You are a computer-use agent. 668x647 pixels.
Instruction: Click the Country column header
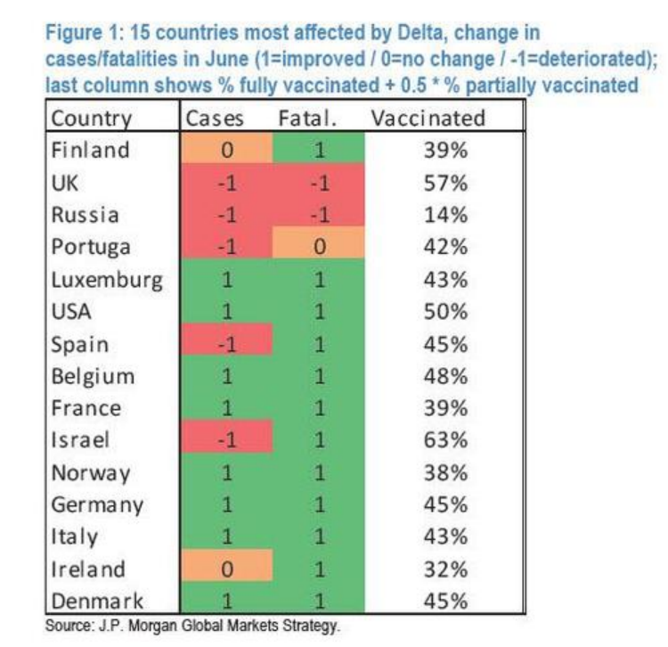91,118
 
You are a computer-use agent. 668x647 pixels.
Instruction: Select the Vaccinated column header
428,118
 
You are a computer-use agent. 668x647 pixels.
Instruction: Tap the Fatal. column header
307,118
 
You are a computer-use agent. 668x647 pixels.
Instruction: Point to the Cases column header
215,118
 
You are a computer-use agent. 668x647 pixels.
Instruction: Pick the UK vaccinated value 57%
445,183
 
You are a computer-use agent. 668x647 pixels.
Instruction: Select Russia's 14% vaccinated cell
445,215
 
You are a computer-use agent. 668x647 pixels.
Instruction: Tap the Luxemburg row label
107,281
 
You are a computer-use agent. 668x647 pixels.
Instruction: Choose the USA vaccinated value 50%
445,312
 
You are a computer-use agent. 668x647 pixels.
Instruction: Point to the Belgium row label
93,377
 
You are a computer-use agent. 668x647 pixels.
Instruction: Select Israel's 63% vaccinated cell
445,440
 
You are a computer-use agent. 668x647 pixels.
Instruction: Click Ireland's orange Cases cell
226,565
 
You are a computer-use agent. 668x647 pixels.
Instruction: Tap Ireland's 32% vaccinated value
445,569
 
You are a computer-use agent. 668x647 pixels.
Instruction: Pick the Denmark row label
97,601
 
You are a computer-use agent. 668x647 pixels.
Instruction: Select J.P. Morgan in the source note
137,626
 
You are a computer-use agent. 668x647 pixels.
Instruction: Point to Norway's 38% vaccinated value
445,472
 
